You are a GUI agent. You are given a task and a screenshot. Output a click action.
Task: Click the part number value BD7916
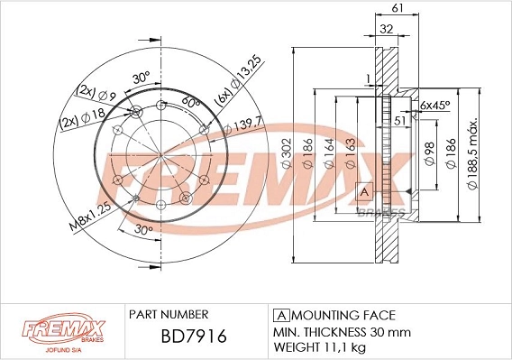pyautogui.click(x=180, y=337)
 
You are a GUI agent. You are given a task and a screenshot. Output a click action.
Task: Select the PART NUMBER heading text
pyautogui.click(x=169, y=315)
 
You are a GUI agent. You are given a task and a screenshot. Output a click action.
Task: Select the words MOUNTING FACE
pyautogui.click(x=343, y=315)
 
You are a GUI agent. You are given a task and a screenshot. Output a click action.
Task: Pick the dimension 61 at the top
pyautogui.click(x=397, y=9)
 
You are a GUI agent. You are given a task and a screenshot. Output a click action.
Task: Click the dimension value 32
pyautogui.click(x=386, y=29)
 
